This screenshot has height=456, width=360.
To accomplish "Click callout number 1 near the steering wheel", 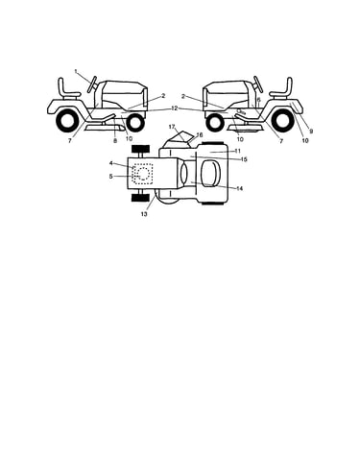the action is pyautogui.click(x=76, y=71).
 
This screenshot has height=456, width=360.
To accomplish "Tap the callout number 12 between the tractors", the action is pyautogui.click(x=175, y=108).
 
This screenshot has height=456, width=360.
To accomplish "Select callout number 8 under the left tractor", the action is pyautogui.click(x=115, y=140).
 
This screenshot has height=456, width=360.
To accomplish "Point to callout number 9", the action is pyautogui.click(x=311, y=131).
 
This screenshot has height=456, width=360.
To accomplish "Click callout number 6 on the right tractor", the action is pyautogui.click(x=259, y=100).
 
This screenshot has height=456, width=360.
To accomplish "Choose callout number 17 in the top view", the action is pyautogui.click(x=172, y=127).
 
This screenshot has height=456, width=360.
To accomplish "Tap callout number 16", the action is pyautogui.click(x=200, y=134).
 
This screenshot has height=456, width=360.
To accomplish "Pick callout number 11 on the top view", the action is pyautogui.click(x=237, y=151).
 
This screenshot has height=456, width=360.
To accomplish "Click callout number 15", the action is pyautogui.click(x=244, y=159).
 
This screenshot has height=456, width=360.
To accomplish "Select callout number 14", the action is pyautogui.click(x=239, y=188).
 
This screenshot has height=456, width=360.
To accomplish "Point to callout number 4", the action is pyautogui.click(x=111, y=163).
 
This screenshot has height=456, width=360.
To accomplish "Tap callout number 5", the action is pyautogui.click(x=111, y=176).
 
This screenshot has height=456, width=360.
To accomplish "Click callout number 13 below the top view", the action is pyautogui.click(x=144, y=214).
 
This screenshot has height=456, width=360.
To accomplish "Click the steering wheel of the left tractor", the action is pyautogui.click(x=93, y=84).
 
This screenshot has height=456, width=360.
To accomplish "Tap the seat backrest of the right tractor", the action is pyautogui.click(x=290, y=85).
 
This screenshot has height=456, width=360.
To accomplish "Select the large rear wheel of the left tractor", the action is pyautogui.click(x=67, y=121).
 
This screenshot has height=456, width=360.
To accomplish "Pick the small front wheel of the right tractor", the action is pyautogui.click(x=215, y=123).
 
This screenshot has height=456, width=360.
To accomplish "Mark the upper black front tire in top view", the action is pyautogui.click(x=140, y=149).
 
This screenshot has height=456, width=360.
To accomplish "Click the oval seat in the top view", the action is pyautogui.click(x=210, y=173).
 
